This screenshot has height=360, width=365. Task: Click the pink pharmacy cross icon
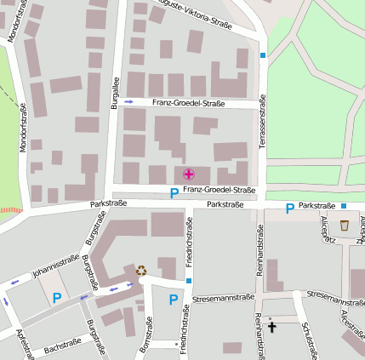(188, 174)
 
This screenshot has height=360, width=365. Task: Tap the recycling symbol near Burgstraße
(141, 271)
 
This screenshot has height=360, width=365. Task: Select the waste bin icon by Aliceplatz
(345, 226)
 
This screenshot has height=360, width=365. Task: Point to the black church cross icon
(273, 326)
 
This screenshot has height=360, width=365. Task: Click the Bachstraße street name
(62, 344)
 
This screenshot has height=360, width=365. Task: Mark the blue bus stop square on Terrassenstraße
(263, 55)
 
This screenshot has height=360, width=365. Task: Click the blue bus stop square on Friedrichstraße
(189, 281)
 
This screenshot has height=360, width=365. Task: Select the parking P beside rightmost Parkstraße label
(289, 208)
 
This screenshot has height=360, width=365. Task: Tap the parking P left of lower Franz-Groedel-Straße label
(174, 193)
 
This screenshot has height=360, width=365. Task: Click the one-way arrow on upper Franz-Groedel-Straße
(129, 101)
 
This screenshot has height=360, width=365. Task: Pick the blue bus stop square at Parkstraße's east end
(344, 206)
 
